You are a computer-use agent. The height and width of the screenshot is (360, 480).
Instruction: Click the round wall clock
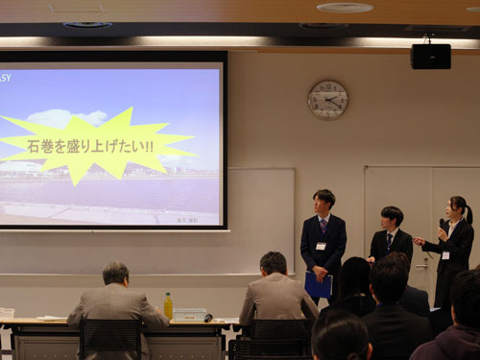pos(327,100)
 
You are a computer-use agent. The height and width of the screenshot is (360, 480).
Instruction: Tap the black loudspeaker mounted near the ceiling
pos(430,56)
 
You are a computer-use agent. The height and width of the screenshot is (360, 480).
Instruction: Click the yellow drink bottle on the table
pos(168,306)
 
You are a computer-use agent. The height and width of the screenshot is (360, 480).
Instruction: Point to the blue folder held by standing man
pos(318,285)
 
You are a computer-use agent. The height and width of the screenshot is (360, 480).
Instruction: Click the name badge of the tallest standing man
pos(321,246)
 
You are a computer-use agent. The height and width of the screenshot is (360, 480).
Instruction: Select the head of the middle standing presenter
pos(391,216)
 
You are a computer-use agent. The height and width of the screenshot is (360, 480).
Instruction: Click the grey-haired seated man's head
pos(115,274)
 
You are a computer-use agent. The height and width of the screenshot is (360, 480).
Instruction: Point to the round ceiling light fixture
pos(345,8)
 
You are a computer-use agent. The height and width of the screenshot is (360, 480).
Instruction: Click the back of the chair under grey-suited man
pos(110,339)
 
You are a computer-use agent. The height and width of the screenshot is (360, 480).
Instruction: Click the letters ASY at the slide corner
pos(6,78)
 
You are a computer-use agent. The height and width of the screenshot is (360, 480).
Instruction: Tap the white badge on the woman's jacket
pos(445,254)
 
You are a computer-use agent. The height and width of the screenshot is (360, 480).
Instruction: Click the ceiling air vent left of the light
pos(87,25)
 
